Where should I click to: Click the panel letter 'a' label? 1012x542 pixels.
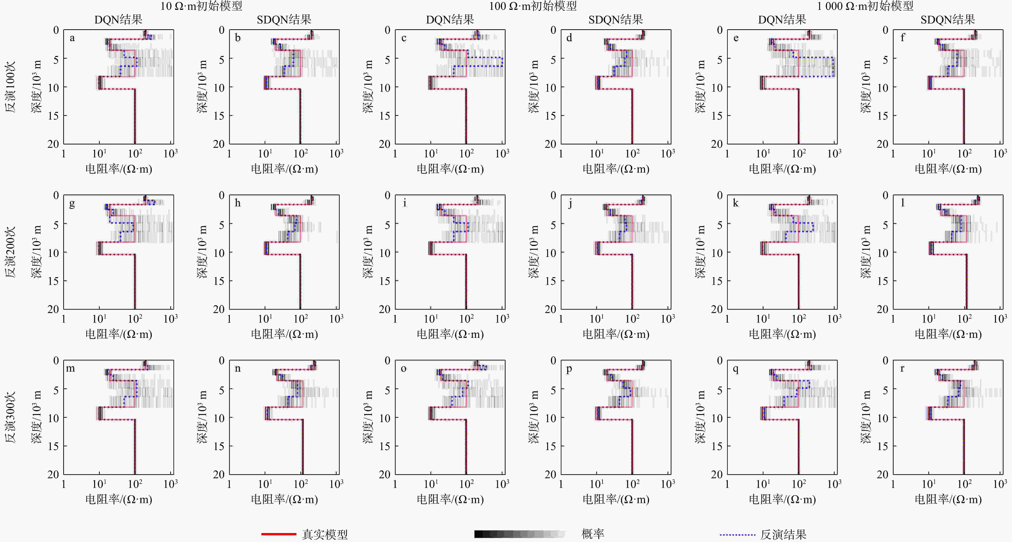point(72,38)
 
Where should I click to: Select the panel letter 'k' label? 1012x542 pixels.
point(736,203)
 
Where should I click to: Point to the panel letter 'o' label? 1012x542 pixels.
point(403,369)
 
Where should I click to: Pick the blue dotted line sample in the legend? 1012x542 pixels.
point(737,535)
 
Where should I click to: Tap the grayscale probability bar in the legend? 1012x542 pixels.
point(519,534)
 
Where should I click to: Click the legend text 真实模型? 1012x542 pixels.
point(325,535)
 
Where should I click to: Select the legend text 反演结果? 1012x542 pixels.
point(783,535)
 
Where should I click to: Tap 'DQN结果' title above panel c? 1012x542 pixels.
point(450,20)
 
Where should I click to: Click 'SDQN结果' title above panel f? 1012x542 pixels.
point(948,20)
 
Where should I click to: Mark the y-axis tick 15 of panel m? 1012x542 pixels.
point(53,446)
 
